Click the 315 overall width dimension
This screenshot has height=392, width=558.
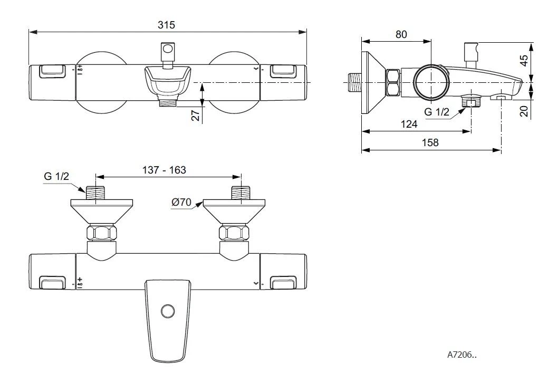[x=166, y=25]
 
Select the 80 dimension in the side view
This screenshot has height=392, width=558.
[x=401, y=34]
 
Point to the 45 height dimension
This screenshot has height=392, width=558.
[x=524, y=60]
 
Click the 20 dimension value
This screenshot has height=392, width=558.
[x=524, y=111]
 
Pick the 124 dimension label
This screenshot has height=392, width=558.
[x=409, y=124]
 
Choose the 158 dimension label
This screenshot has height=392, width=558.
[x=430, y=142]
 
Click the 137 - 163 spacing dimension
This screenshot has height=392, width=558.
[x=164, y=170]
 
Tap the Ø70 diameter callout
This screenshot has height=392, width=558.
[x=181, y=202]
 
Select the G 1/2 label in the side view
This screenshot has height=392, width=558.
[x=437, y=112]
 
